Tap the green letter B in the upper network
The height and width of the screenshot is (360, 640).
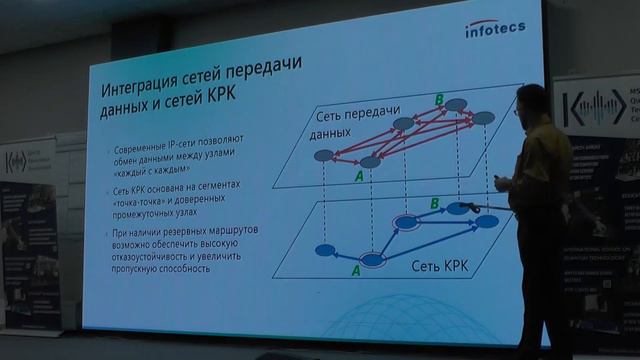pyautogui.click(x=436, y=98)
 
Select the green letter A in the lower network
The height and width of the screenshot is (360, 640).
pyautogui.click(x=354, y=270)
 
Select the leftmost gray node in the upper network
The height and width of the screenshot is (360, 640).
pyautogui.click(x=323, y=155)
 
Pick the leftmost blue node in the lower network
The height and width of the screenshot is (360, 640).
pyautogui.click(x=323, y=249)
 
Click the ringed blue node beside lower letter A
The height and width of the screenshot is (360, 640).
pyautogui.click(x=373, y=260)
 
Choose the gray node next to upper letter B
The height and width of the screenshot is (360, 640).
pyautogui.click(x=455, y=105)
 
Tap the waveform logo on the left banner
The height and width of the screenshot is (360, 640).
pyautogui.click(x=27, y=159)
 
